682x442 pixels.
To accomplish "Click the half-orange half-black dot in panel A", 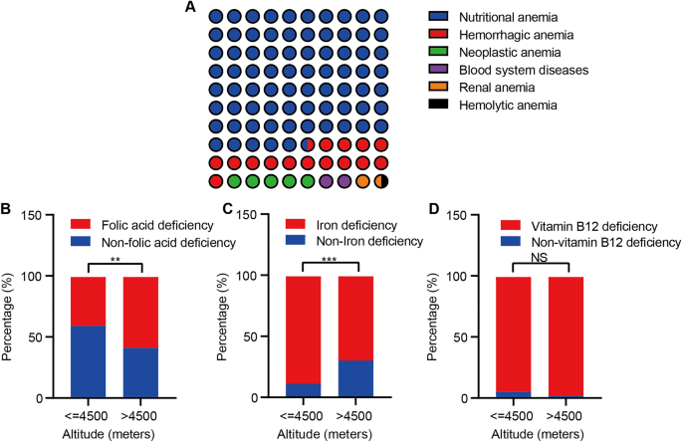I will click(x=378, y=181).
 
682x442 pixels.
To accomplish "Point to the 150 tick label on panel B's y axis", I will click(x=34, y=215).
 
